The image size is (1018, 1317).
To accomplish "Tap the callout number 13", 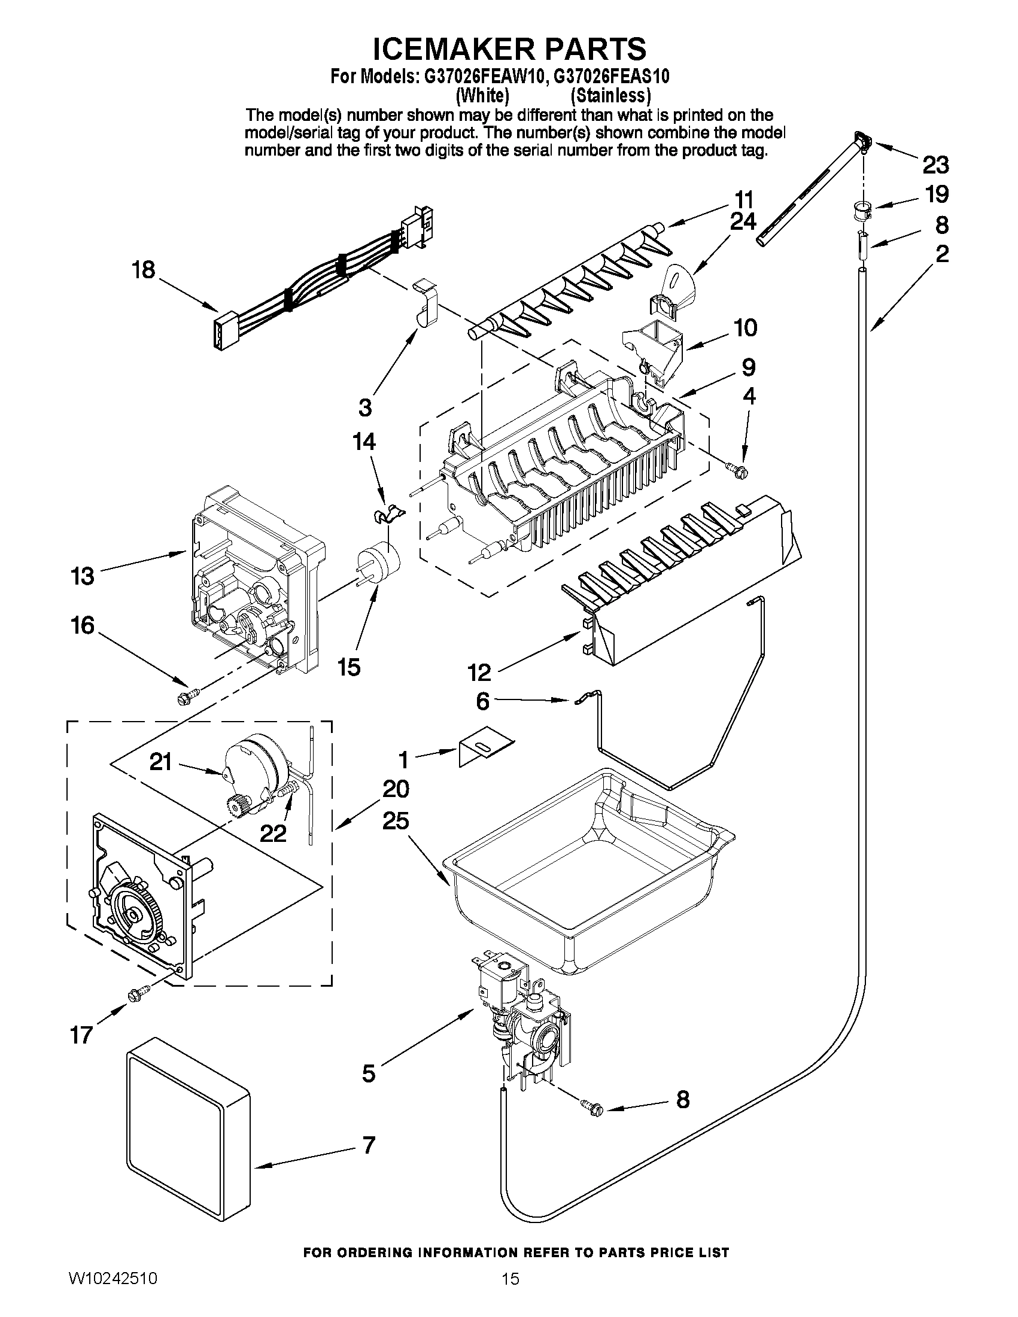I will click(83, 576).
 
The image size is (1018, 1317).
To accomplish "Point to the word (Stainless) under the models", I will click(611, 95).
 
